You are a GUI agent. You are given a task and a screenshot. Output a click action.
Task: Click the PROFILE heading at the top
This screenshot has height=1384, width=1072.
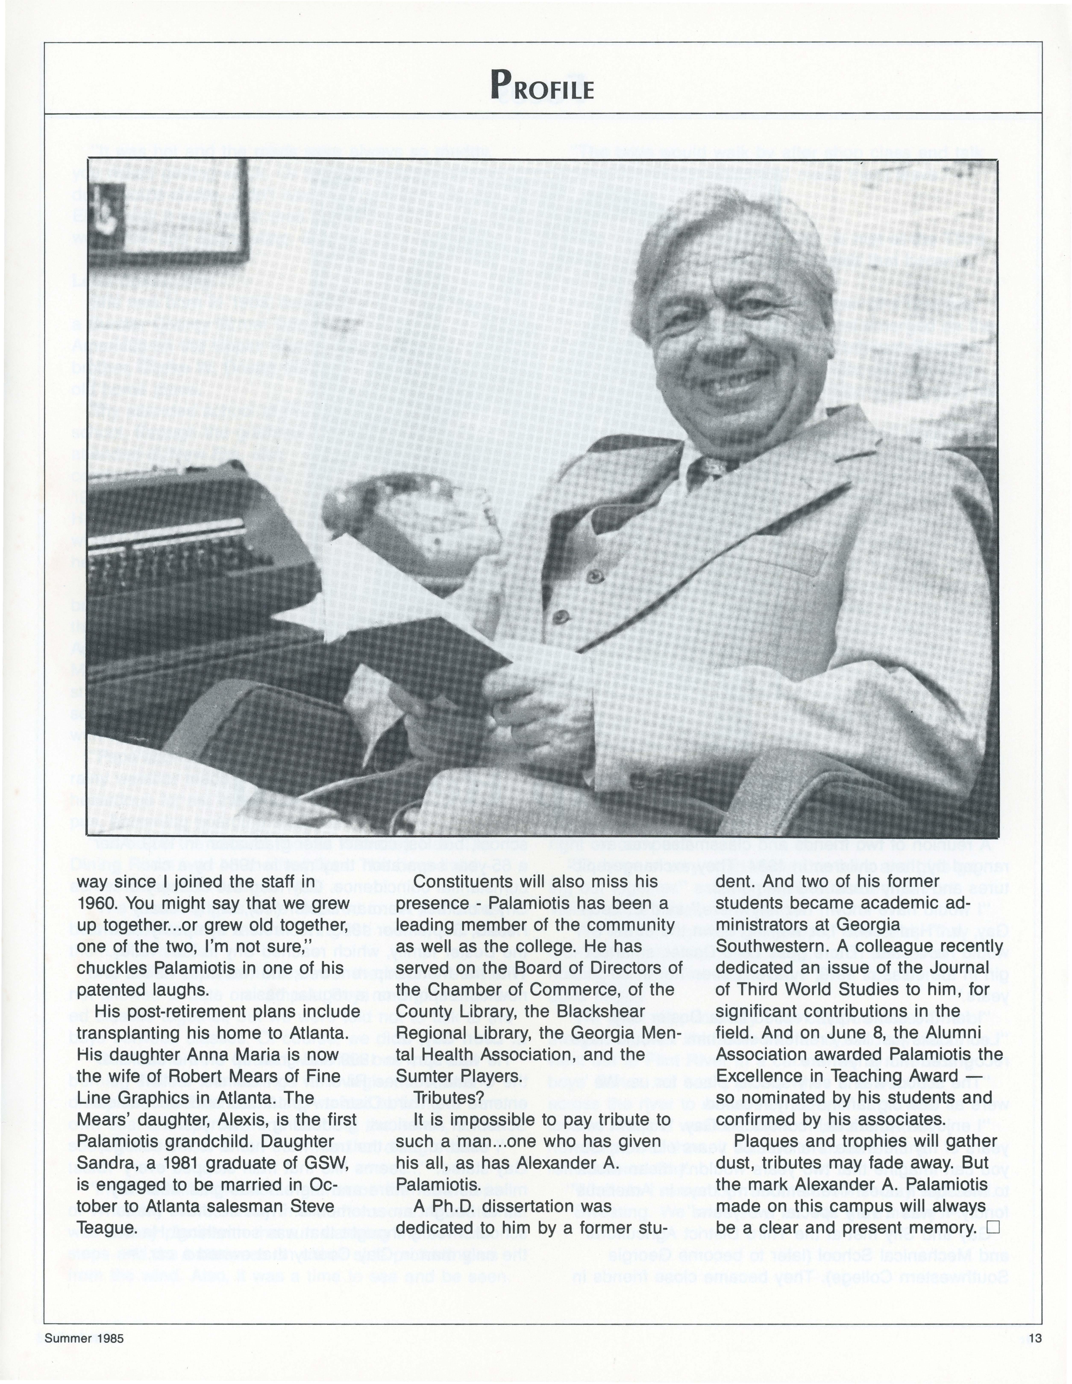[x=542, y=85]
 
